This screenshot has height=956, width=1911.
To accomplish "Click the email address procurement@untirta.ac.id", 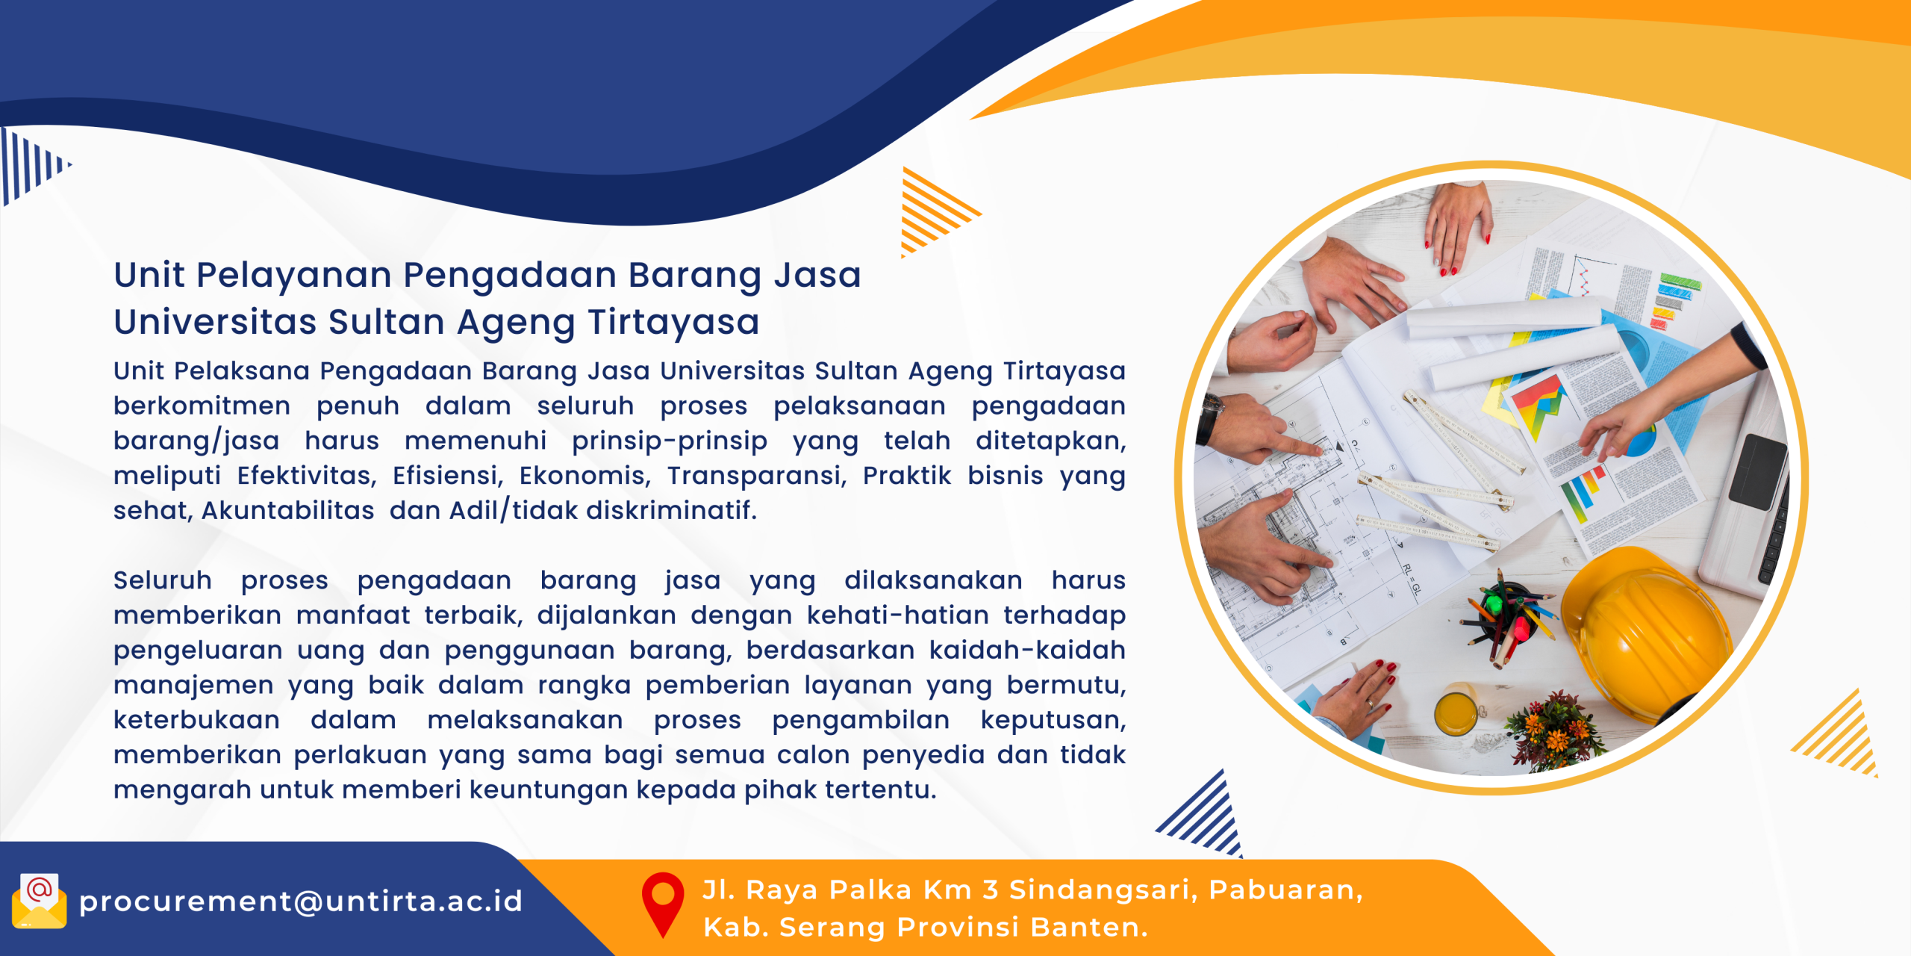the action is [x=301, y=901].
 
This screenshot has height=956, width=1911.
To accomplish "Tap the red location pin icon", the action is [x=663, y=904].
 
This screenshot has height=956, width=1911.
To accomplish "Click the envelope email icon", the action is [x=40, y=901].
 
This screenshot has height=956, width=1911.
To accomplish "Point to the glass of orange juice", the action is [x=1455, y=713].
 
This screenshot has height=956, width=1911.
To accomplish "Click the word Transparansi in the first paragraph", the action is [x=757, y=475].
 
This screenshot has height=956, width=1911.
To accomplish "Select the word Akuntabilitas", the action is [x=288, y=510].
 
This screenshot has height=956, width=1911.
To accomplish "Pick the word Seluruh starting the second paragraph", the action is [x=163, y=580].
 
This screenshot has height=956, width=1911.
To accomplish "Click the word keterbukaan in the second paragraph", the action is [x=197, y=720].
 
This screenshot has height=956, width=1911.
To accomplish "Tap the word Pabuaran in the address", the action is [x=1285, y=890].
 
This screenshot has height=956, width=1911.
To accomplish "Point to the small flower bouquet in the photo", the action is [x=1553, y=728].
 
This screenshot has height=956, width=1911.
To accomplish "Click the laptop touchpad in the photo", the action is [x=1758, y=471].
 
